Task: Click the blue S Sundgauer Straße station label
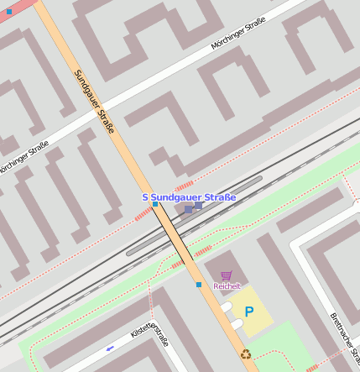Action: pyautogui.click(x=189, y=197)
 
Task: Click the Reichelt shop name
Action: pyautogui.click(x=227, y=286)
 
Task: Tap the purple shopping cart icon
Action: pyautogui.click(x=227, y=275)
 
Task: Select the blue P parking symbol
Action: pyautogui.click(x=248, y=312)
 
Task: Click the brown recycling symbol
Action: pyautogui.click(x=246, y=354)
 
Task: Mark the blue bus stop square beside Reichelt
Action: pyautogui.click(x=199, y=285)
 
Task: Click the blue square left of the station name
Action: pyautogui.click(x=154, y=204)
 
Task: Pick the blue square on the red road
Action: pyautogui.click(x=9, y=12)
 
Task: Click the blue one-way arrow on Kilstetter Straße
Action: pyautogui.click(x=110, y=347)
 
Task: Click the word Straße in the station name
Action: pyautogui.click(x=217, y=197)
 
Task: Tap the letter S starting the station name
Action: pyautogui.click(x=144, y=197)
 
